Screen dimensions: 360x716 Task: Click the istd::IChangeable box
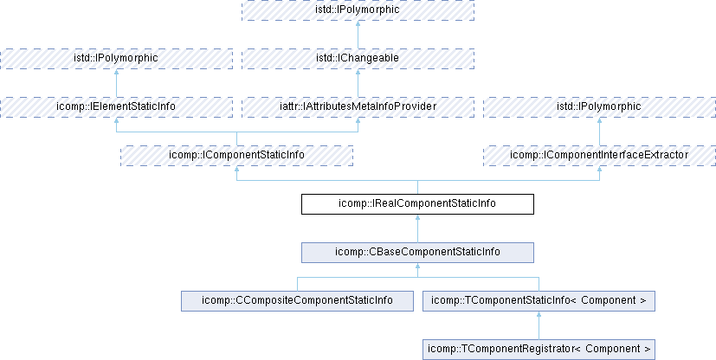tap(358, 58)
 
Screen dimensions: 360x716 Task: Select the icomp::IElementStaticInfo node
tap(116, 106)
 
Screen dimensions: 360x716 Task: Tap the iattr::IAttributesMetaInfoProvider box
tap(358, 106)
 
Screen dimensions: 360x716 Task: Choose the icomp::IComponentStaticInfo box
tap(236, 155)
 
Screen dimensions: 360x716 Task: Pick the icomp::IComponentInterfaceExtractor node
tap(599, 155)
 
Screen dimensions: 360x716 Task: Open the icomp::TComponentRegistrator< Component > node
tap(539, 349)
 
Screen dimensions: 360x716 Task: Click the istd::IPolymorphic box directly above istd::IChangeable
tap(358, 10)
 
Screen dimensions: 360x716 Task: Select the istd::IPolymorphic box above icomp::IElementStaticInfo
tap(116, 58)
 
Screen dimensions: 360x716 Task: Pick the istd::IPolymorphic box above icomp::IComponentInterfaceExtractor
tap(599, 106)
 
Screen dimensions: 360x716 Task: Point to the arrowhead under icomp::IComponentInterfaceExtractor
tap(599, 170)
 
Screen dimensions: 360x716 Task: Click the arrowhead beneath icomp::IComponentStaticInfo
tap(236, 170)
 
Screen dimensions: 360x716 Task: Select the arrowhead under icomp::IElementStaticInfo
tap(116, 121)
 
